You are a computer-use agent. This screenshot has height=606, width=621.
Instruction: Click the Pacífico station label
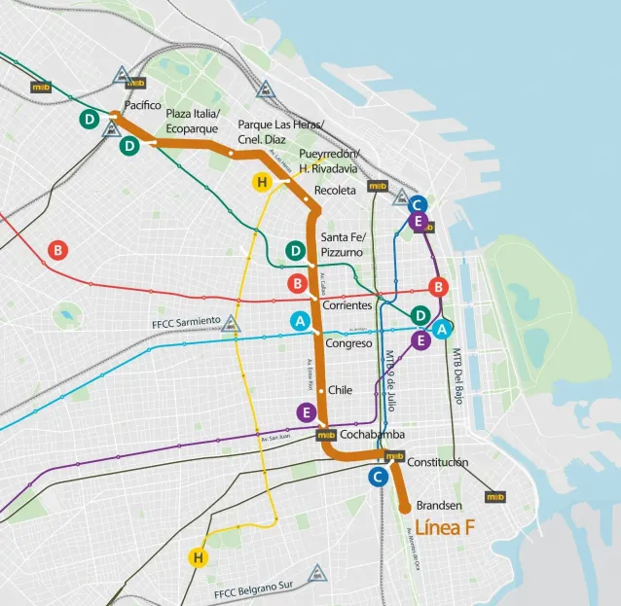tap(143, 105)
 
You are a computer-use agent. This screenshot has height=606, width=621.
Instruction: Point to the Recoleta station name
tap(334, 191)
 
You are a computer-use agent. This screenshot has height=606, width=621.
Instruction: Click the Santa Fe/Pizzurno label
tap(342, 245)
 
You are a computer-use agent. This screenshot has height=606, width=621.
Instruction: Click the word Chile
tap(339, 390)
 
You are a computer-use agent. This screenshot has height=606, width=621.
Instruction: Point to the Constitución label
tap(437, 462)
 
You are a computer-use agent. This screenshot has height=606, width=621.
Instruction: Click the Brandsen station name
tap(438, 507)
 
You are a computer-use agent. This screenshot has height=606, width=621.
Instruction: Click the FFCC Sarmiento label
tap(184, 324)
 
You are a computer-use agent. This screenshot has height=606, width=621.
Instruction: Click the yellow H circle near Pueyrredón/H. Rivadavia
tap(261, 182)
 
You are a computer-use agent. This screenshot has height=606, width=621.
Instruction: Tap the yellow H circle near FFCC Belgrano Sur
tap(199, 557)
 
